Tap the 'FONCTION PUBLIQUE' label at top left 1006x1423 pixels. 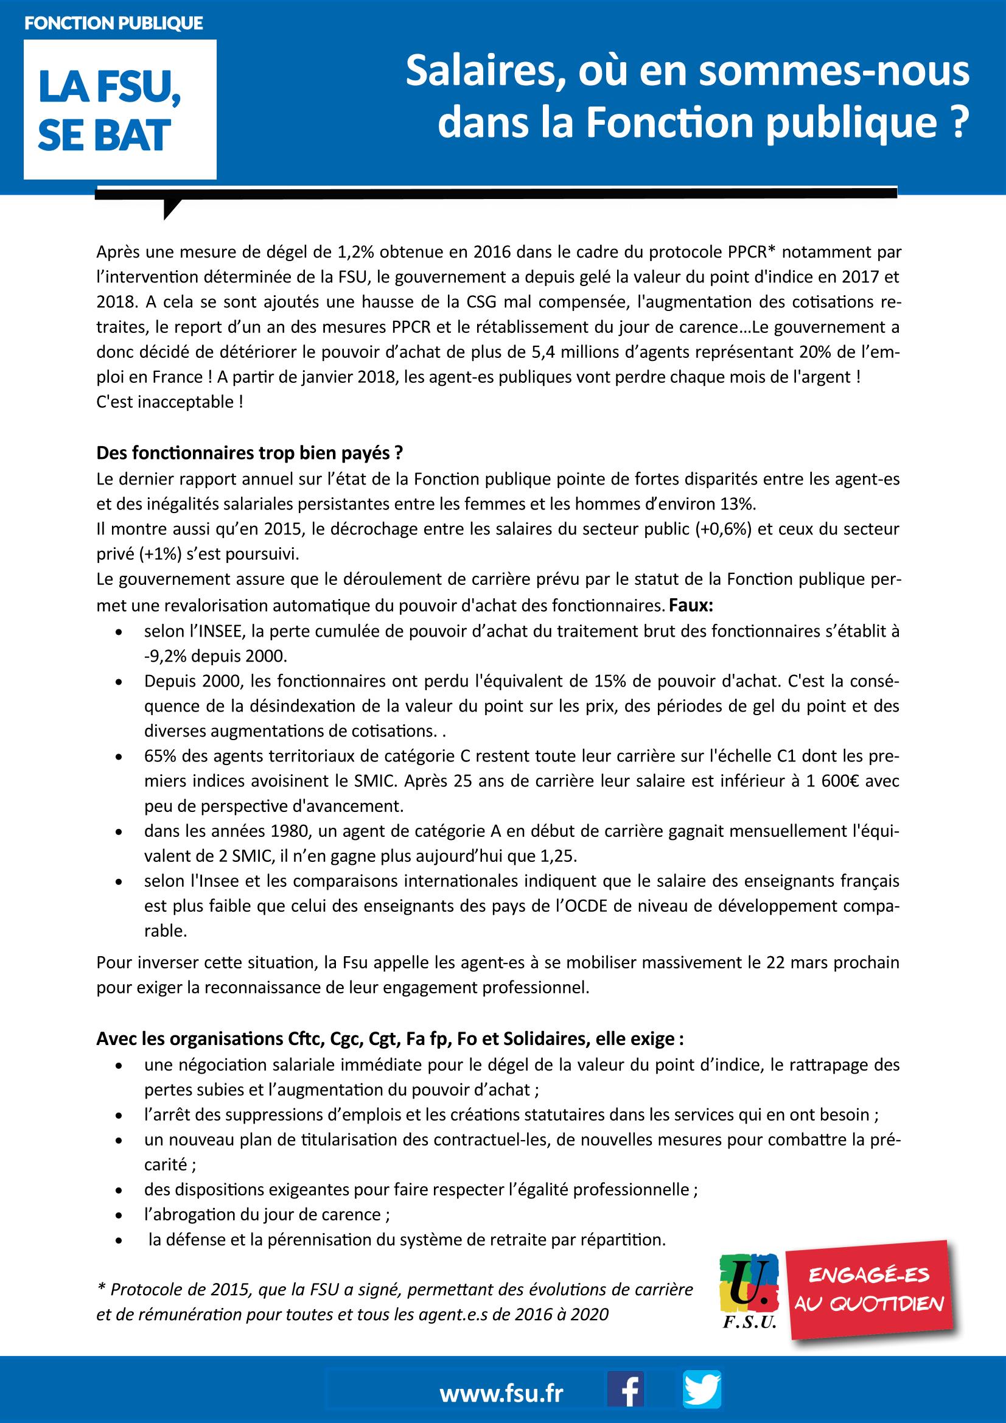pos(113,24)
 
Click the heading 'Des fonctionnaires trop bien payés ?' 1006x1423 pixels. pos(250,453)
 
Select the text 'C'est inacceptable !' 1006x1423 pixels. pos(169,402)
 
